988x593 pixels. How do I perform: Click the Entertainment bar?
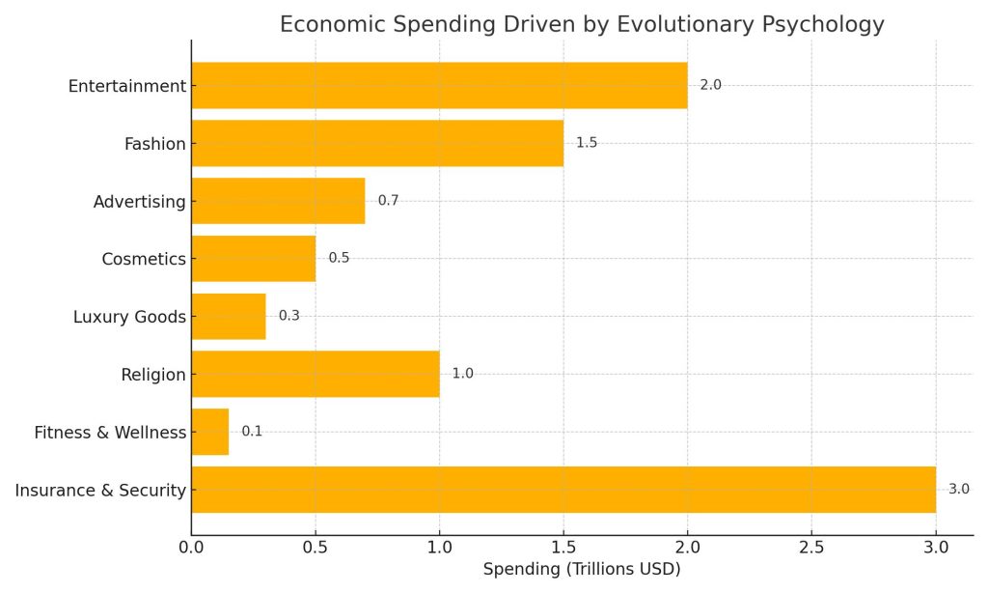pos(439,85)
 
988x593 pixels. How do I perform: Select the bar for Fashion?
pos(377,143)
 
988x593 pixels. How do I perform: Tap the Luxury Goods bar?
pos(229,316)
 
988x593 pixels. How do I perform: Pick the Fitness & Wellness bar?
pos(210,432)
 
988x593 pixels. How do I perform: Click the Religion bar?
pos(316,374)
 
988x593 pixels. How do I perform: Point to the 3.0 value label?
pos(958,490)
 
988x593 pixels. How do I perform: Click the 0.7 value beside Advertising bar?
pos(388,201)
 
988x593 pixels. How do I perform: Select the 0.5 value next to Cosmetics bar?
pos(339,258)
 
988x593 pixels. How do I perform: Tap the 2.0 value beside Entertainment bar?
pos(710,85)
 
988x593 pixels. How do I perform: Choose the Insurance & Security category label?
pos(100,491)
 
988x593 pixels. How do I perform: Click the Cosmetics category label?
pos(144,259)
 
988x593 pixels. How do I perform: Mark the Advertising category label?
pos(139,202)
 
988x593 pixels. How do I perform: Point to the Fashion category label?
pos(154,144)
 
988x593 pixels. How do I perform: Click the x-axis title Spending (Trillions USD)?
pos(582,570)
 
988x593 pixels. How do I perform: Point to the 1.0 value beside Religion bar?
pos(462,374)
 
